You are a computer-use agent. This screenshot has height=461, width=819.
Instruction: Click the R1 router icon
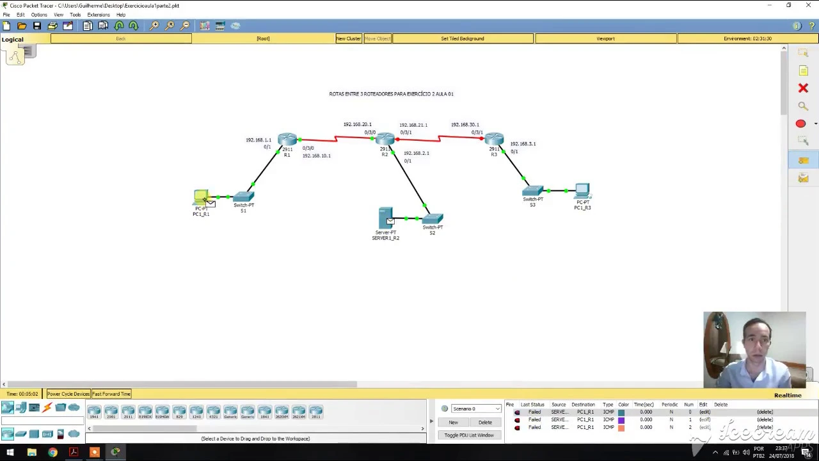click(x=287, y=139)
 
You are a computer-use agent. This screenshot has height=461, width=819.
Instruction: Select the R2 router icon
click(x=385, y=139)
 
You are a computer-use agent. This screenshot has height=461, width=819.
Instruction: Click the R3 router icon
click(x=493, y=139)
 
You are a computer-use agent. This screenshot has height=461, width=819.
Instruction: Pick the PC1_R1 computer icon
click(x=201, y=197)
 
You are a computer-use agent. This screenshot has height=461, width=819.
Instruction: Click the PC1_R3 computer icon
click(x=582, y=191)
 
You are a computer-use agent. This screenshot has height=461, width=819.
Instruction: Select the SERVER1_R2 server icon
click(x=385, y=218)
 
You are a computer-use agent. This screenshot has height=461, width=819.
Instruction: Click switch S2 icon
click(x=433, y=218)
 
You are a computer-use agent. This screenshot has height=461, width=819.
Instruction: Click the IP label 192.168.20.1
click(x=357, y=124)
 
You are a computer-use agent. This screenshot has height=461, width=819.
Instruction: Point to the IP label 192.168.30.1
click(x=465, y=125)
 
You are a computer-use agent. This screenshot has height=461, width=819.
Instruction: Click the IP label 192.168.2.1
click(x=416, y=153)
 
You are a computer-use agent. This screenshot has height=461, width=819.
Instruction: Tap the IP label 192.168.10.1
click(x=316, y=156)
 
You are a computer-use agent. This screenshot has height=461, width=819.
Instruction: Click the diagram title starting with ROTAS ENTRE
click(x=391, y=94)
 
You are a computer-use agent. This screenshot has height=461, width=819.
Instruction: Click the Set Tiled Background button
click(x=462, y=38)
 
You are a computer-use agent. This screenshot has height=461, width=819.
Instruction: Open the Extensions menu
click(x=98, y=15)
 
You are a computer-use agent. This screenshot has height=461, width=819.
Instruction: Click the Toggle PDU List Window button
click(x=468, y=435)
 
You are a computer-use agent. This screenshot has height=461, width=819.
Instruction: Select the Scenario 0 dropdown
click(x=475, y=408)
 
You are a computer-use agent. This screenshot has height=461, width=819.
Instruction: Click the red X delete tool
click(x=803, y=88)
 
